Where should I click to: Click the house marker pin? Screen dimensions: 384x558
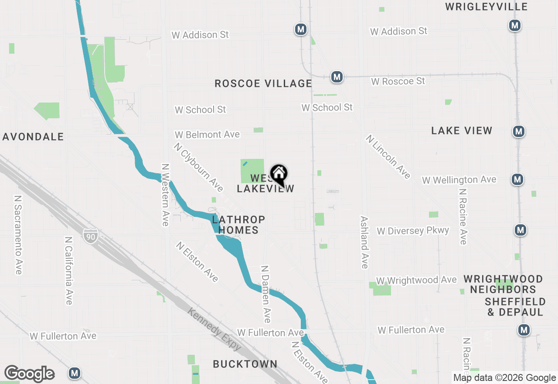(x=279, y=175)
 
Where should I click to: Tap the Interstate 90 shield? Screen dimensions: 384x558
(x=90, y=236)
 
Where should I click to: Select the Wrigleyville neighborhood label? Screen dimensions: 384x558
(x=486, y=7)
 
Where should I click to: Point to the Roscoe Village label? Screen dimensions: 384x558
(x=263, y=83)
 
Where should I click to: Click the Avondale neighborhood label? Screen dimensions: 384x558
(x=34, y=137)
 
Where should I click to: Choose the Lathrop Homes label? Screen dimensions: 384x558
(x=238, y=225)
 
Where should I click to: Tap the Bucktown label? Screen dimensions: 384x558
(x=245, y=364)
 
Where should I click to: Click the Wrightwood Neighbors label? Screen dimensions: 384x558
(x=503, y=284)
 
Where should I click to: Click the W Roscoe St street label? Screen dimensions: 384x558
(x=398, y=81)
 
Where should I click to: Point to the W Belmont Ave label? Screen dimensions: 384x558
(x=207, y=134)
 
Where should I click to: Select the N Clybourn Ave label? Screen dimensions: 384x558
(x=198, y=167)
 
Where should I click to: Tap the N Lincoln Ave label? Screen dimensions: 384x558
(x=388, y=157)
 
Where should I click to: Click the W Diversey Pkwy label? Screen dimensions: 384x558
(x=413, y=231)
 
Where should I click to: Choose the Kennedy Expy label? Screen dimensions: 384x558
(x=214, y=329)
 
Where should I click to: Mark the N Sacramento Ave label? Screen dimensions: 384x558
(x=18, y=234)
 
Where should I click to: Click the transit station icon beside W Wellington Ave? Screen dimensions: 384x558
(x=517, y=179)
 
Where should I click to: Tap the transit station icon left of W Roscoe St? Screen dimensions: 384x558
(x=336, y=77)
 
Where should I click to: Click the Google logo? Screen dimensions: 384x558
(x=29, y=374)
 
